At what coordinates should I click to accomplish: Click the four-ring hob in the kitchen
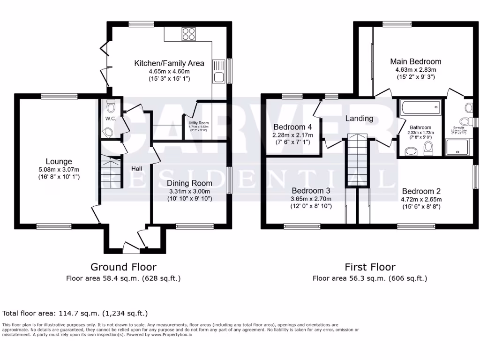click(188, 35)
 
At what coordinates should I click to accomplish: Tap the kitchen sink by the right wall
click(219, 77)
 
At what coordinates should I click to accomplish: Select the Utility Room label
click(199, 123)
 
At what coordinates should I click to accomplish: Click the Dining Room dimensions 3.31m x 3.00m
click(190, 191)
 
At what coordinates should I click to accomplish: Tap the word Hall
click(136, 168)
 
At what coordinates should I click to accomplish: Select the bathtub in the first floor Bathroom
click(420, 108)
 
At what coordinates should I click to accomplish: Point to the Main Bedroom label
click(416, 61)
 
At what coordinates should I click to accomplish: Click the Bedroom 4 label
click(292, 127)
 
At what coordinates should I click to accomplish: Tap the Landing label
click(359, 119)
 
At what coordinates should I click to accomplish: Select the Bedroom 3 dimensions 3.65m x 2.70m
click(311, 199)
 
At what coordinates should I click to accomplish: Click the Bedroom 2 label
click(421, 191)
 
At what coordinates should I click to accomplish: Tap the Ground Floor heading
click(123, 267)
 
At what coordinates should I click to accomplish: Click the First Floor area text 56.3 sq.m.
click(370, 278)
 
